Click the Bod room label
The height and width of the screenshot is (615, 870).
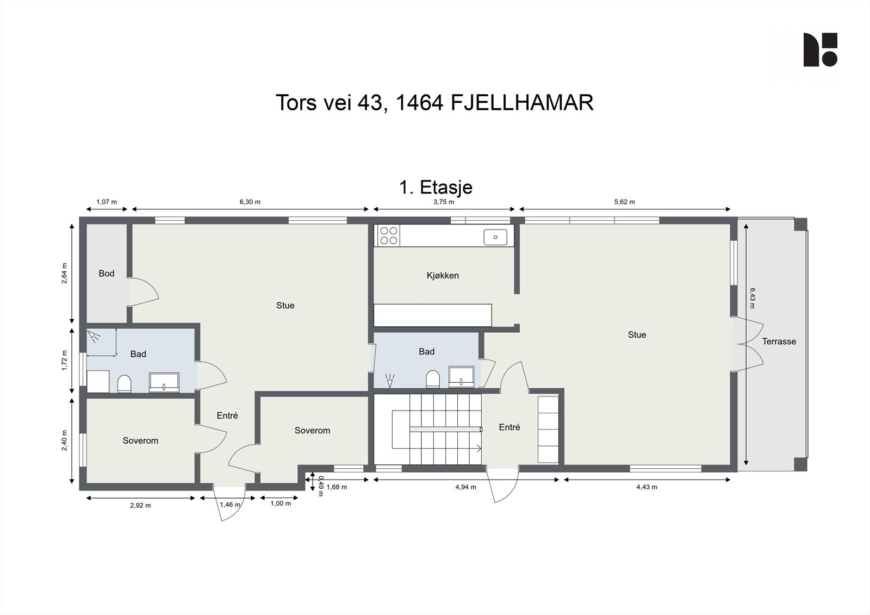(106, 274)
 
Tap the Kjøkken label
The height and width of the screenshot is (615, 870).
(443, 276)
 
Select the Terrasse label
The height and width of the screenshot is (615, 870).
(779, 341)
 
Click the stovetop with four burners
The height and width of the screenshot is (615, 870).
(388, 235)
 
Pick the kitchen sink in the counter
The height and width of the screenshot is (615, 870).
(495, 237)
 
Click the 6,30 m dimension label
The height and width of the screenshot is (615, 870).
(250, 202)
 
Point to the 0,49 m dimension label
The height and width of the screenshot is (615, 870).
(321, 486)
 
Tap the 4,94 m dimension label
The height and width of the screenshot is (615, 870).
(465, 487)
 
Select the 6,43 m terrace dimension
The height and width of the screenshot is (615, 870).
(752, 298)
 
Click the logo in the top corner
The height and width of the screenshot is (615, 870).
(820, 50)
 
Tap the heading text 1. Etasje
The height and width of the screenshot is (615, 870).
(436, 187)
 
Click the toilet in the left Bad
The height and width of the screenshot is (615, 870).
(125, 383)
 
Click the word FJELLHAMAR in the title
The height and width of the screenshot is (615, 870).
(522, 103)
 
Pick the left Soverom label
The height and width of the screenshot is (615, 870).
(140, 440)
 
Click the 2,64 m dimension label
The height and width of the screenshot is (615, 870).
(64, 274)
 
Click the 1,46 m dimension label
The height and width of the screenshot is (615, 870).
(229, 505)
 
